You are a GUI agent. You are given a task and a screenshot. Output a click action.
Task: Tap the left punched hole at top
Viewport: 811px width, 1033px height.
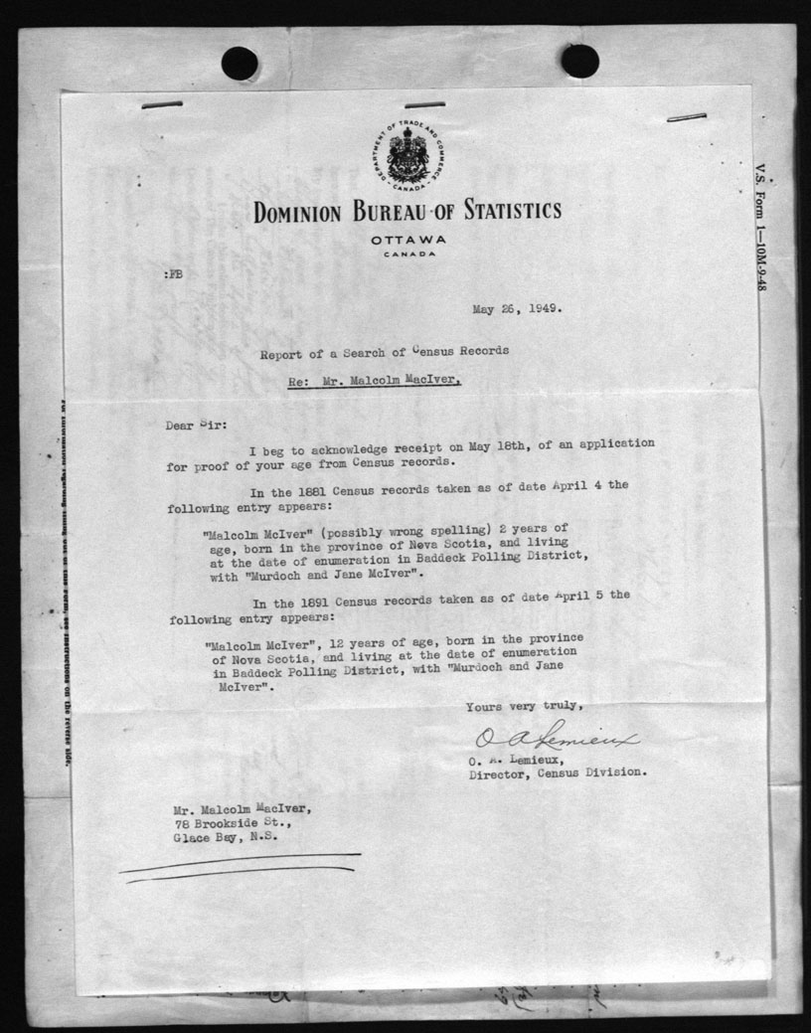pyautogui.click(x=239, y=64)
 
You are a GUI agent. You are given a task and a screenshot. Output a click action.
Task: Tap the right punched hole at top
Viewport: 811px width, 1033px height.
pyautogui.click(x=579, y=61)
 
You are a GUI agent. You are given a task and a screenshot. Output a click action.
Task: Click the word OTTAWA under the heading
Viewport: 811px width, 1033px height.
pyautogui.click(x=406, y=241)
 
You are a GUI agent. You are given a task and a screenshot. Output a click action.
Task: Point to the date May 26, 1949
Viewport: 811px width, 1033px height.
pyautogui.click(x=516, y=307)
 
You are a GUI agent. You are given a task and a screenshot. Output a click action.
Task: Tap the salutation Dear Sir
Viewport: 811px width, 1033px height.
pyautogui.click(x=196, y=426)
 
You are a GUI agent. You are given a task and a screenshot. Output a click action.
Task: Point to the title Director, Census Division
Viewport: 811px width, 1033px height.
pyautogui.click(x=559, y=772)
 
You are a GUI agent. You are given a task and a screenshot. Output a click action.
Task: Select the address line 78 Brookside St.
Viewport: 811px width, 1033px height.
pyautogui.click(x=224, y=822)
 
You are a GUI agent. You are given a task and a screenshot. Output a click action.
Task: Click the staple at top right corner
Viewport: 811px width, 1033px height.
pyautogui.click(x=686, y=117)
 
